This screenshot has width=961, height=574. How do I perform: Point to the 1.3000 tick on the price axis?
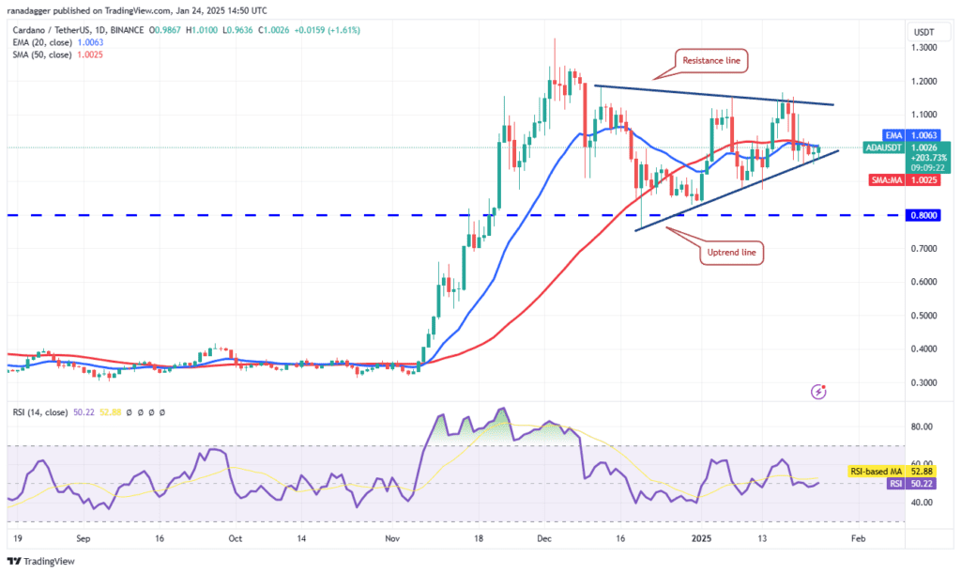[924, 47]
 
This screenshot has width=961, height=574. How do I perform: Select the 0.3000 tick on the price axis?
[924, 382]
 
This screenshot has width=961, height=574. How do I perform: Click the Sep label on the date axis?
[83, 540]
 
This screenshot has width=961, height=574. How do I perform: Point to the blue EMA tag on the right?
[894, 135]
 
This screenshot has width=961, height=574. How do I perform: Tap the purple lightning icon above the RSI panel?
[820, 390]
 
